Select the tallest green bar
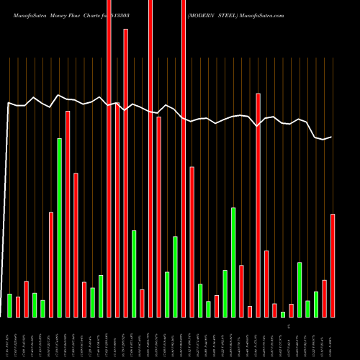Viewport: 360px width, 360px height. click(x=60, y=228)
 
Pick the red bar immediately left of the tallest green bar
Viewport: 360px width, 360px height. click(x=51, y=264)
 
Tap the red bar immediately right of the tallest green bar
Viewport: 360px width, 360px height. click(x=68, y=214)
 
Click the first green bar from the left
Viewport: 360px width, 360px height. click(x=10, y=305)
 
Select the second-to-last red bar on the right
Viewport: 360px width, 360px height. click(x=324, y=298)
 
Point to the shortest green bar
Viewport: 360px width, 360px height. click(x=283, y=315)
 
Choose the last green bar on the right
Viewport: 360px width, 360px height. click(x=316, y=304)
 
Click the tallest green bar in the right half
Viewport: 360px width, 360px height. click(x=233, y=262)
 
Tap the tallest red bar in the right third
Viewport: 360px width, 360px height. click(x=258, y=205)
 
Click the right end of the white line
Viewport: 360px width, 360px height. click(x=332, y=137)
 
